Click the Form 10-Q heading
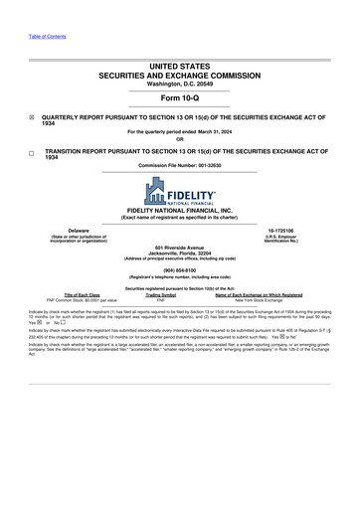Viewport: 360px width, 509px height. coord(179,98)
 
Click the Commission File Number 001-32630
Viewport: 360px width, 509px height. coord(180,165)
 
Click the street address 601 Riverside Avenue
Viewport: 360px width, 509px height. coord(180,248)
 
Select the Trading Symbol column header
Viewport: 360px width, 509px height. coord(160,294)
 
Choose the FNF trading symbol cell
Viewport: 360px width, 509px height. coord(160,300)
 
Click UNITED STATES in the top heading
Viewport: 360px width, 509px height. coord(180,65)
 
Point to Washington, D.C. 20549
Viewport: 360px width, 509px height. coord(180,83)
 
